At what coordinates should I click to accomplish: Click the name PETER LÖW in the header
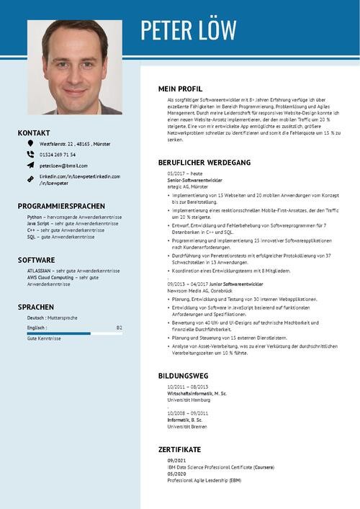(188, 30)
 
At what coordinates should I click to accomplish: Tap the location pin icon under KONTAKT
(30, 143)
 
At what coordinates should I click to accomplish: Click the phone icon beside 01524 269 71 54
(30, 154)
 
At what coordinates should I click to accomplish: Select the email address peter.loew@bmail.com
(63, 166)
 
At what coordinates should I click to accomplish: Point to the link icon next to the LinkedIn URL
(30, 179)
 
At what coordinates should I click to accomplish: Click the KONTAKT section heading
(34, 133)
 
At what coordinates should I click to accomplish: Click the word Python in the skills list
(35, 217)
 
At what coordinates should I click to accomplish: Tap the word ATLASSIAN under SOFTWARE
(39, 271)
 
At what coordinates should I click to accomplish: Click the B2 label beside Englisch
(119, 328)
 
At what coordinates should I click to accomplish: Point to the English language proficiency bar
(74, 333)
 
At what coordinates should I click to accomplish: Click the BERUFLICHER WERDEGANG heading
(204, 163)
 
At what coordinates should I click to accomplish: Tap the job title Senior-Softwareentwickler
(195, 179)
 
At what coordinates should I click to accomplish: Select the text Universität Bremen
(186, 425)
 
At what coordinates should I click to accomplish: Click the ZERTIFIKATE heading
(179, 449)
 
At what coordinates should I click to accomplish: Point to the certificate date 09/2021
(176, 460)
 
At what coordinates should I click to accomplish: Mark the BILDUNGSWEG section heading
(183, 376)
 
